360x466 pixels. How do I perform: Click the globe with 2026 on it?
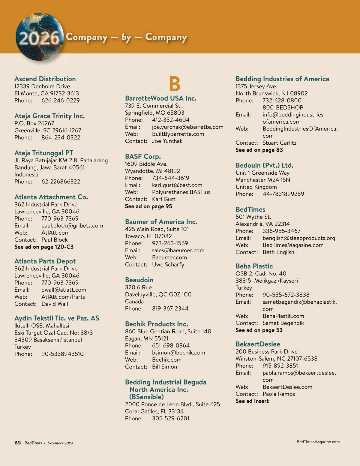tap(39, 37)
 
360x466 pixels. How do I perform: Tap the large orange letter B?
tap(175, 84)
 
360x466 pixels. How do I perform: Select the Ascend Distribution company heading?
tap(45, 79)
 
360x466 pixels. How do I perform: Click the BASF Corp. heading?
tap(143, 156)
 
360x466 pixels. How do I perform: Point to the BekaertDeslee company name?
tap(258, 344)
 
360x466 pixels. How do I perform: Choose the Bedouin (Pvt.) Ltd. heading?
tap(264, 165)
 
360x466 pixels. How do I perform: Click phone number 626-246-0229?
tap(61, 101)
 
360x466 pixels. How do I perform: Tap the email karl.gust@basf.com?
tap(177, 185)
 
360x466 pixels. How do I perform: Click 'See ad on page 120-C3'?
tap(44, 247)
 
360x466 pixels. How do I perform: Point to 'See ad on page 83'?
tap(259, 150)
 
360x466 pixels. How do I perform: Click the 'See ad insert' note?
tap(252, 401)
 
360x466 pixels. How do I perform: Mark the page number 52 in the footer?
tap(18, 443)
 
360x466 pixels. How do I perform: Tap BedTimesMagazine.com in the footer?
tap(318, 442)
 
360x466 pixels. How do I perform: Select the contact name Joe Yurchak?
tap(167, 141)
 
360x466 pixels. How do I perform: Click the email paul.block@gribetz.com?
tap(72, 226)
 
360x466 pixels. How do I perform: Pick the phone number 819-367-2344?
tap(170, 308)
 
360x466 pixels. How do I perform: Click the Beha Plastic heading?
tap(254, 266)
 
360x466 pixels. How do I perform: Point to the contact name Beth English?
tap(278, 252)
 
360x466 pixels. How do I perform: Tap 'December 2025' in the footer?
tap(60, 443)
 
